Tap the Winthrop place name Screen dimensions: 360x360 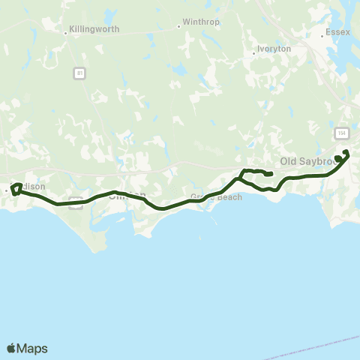click(201, 22)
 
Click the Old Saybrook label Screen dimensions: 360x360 click(304, 161)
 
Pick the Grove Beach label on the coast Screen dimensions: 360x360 click(217, 197)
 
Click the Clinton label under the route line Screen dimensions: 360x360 click(124, 196)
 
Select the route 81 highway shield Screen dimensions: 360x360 click(79, 73)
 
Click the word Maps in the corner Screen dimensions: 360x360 click(33, 348)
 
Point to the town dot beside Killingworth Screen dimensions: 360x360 click(65, 31)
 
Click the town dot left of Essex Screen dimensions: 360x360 click(320, 34)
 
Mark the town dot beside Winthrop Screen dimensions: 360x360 click(178, 25)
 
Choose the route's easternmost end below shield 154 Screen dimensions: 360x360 click(346, 153)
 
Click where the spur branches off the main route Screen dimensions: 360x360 click(239, 178)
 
